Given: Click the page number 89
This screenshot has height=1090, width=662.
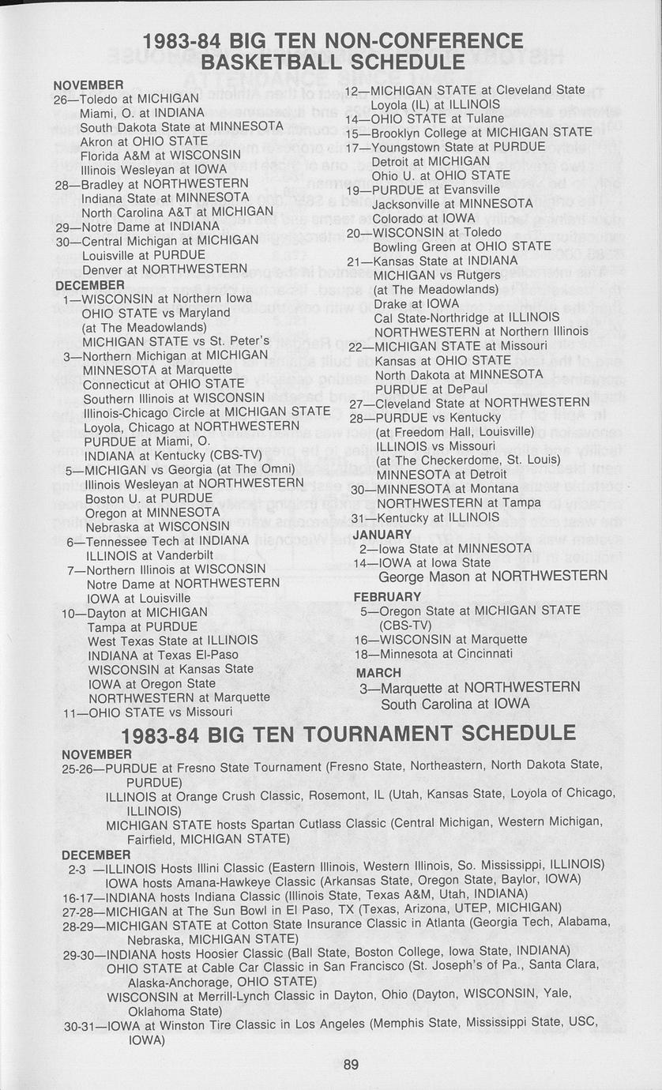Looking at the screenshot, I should coord(352,1064).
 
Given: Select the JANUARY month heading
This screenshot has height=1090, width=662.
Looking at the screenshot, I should coord(382,535).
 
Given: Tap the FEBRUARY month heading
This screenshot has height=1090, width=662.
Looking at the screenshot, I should coord(387,596).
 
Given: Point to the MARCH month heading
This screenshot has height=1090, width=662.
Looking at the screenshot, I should coord(378,673).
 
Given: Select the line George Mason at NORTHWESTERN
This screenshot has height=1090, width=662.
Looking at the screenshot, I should coord(493,577).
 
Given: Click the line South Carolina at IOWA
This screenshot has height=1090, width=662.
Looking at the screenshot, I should coord(456,703).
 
